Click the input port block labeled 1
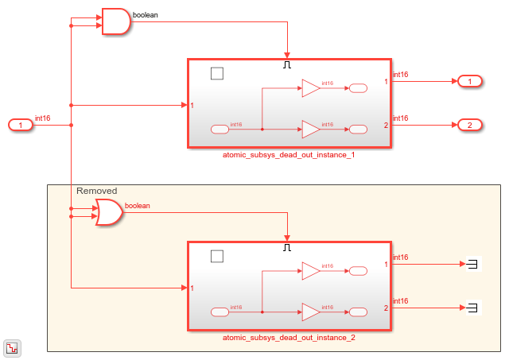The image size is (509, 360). pyautogui.click(x=21, y=125)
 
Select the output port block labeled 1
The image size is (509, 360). pyautogui.click(x=469, y=81)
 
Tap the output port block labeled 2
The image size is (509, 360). pyautogui.click(x=469, y=125)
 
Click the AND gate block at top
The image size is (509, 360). pyautogui.click(x=115, y=22)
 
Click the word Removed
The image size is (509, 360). pyautogui.click(x=96, y=191)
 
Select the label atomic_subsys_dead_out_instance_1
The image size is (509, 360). pyautogui.click(x=289, y=155)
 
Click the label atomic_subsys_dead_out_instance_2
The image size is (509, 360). pyautogui.click(x=289, y=338)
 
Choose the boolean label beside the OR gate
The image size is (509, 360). pyautogui.click(x=138, y=206)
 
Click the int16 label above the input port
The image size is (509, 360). pyautogui.click(x=43, y=118)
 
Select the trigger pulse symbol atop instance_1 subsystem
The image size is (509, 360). pyautogui.click(x=288, y=65)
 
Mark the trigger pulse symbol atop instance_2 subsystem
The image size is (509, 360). pyautogui.click(x=288, y=247)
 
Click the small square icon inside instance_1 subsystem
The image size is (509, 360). pyautogui.click(x=217, y=73)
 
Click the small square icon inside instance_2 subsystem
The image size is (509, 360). pyautogui.click(x=217, y=256)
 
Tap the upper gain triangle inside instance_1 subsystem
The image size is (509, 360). pyautogui.click(x=310, y=90)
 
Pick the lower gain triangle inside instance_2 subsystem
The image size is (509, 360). pyautogui.click(x=310, y=311)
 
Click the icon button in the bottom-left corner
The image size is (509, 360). pyautogui.click(x=13, y=347)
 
